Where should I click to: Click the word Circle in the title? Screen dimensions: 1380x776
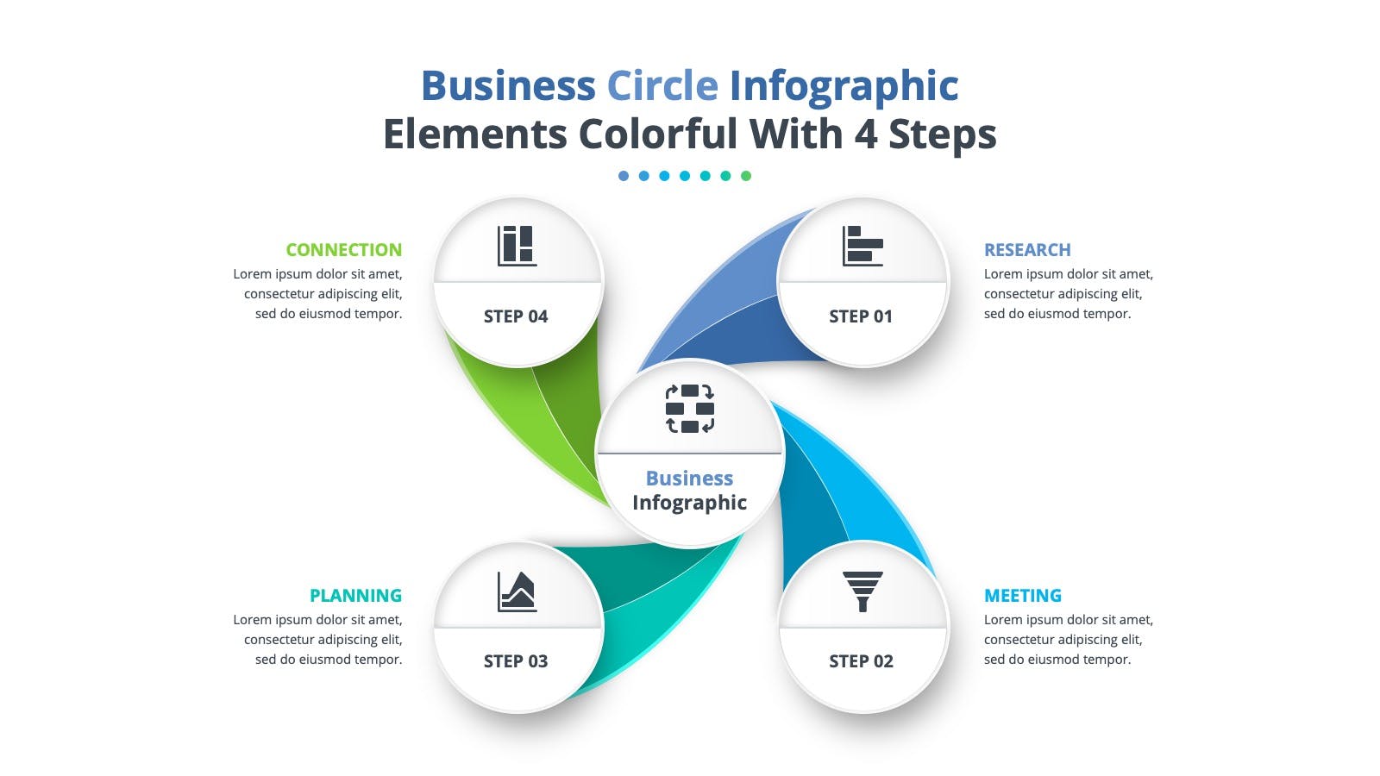click(x=662, y=85)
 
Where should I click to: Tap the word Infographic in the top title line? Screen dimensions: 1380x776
click(x=844, y=86)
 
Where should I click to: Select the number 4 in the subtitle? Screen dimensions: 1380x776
click(x=866, y=134)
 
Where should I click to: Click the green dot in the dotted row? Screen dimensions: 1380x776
click(x=745, y=176)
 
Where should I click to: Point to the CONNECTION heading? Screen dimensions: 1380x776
click(x=344, y=249)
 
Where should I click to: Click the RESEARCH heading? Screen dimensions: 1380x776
click(x=1027, y=249)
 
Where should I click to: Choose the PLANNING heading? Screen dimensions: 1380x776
click(x=355, y=596)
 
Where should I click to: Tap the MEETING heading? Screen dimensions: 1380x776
click(x=1023, y=596)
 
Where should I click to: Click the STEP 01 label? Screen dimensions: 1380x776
click(x=860, y=316)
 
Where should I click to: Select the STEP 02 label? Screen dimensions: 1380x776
click(x=861, y=661)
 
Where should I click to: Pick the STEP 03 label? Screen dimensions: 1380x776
click(x=516, y=661)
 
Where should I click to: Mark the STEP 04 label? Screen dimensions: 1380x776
click(x=516, y=316)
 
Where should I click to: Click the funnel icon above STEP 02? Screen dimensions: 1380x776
click(x=862, y=591)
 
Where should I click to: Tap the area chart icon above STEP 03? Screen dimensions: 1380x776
click(x=517, y=591)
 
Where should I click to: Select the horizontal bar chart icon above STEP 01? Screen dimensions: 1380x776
click(x=862, y=246)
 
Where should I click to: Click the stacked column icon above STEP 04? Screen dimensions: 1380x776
click(x=517, y=246)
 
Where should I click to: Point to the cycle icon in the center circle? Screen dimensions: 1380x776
click(x=690, y=409)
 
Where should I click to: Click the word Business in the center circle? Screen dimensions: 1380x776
click(x=689, y=479)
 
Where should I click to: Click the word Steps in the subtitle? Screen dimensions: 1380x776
click(x=943, y=135)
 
